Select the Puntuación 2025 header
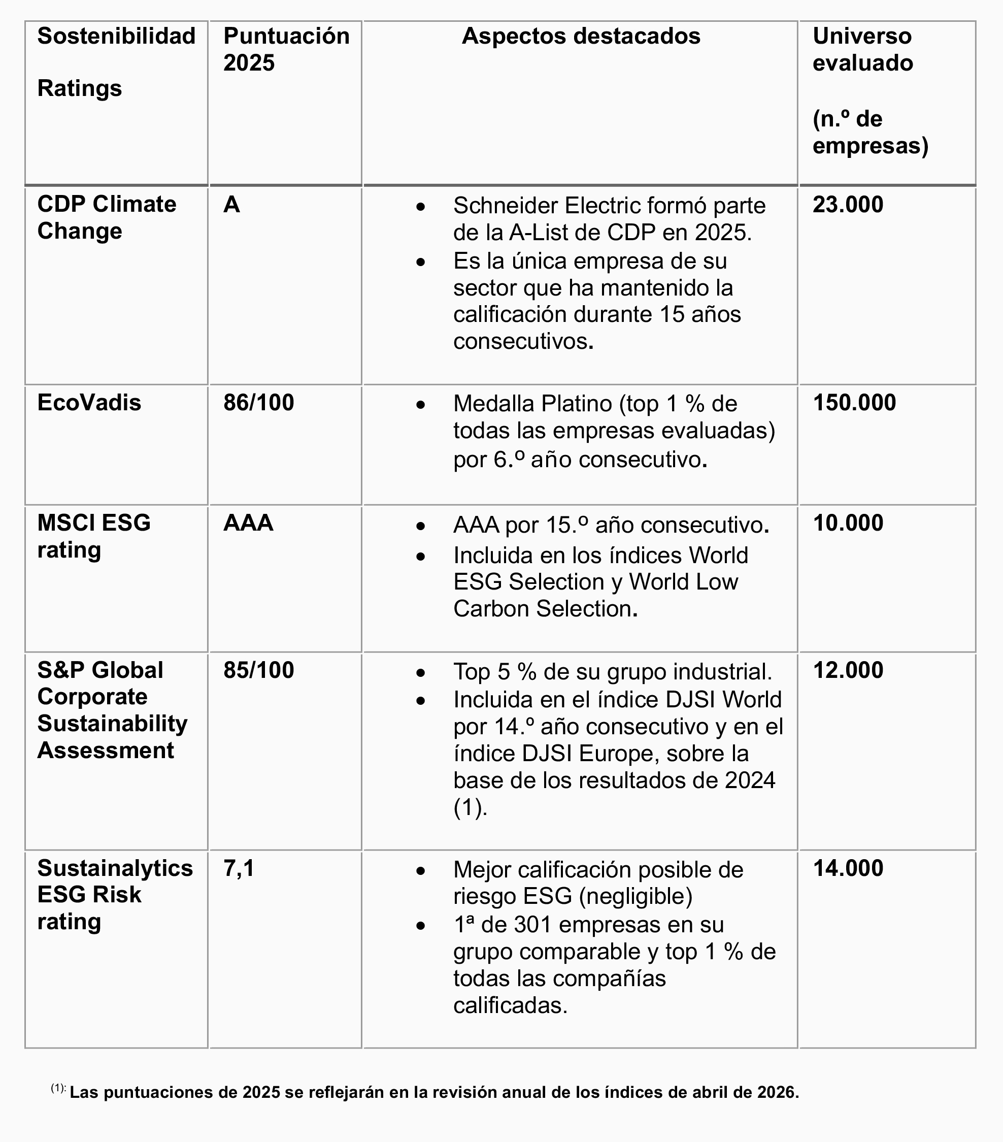[286, 49]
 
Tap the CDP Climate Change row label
[106, 218]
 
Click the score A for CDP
[232, 205]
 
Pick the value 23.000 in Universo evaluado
[848, 205]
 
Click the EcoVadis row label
[89, 403]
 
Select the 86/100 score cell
[258, 403]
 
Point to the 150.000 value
[854, 403]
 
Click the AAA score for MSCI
[248, 523]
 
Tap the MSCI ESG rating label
[94, 536]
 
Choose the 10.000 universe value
[848, 523]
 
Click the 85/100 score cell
[258, 670]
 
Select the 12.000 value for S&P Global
[848, 670]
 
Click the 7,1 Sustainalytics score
[239, 868]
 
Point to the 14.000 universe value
[848, 868]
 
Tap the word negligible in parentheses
[635, 896]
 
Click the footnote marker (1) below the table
[58, 1088]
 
